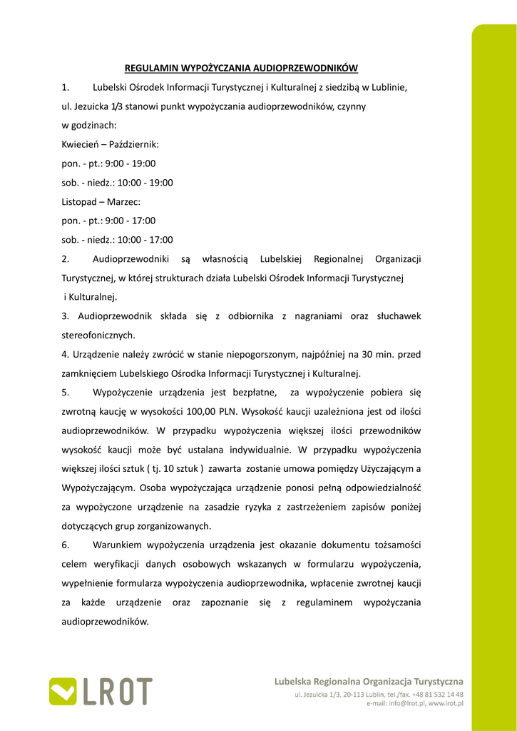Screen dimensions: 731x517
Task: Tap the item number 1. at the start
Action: (x=66, y=88)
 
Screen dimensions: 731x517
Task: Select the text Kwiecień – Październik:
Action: (x=111, y=145)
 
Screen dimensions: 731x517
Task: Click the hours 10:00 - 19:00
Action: (x=145, y=183)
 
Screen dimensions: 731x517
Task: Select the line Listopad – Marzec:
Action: (x=101, y=202)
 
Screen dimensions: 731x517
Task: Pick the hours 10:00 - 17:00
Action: (x=145, y=240)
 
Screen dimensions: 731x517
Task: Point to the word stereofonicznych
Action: (x=98, y=335)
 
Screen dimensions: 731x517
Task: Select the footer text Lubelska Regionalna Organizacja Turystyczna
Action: (x=369, y=682)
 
